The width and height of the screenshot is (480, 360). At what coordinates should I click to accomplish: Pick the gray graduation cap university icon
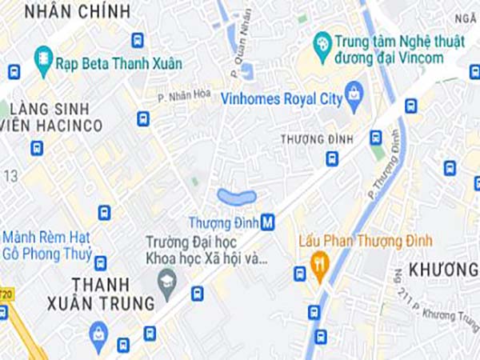[x=167, y=284]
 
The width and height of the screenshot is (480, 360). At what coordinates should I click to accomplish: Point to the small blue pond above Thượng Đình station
[x=237, y=196]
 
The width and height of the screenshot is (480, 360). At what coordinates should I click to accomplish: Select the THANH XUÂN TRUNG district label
[x=112, y=294]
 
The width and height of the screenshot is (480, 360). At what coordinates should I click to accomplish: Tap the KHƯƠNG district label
[x=442, y=269]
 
